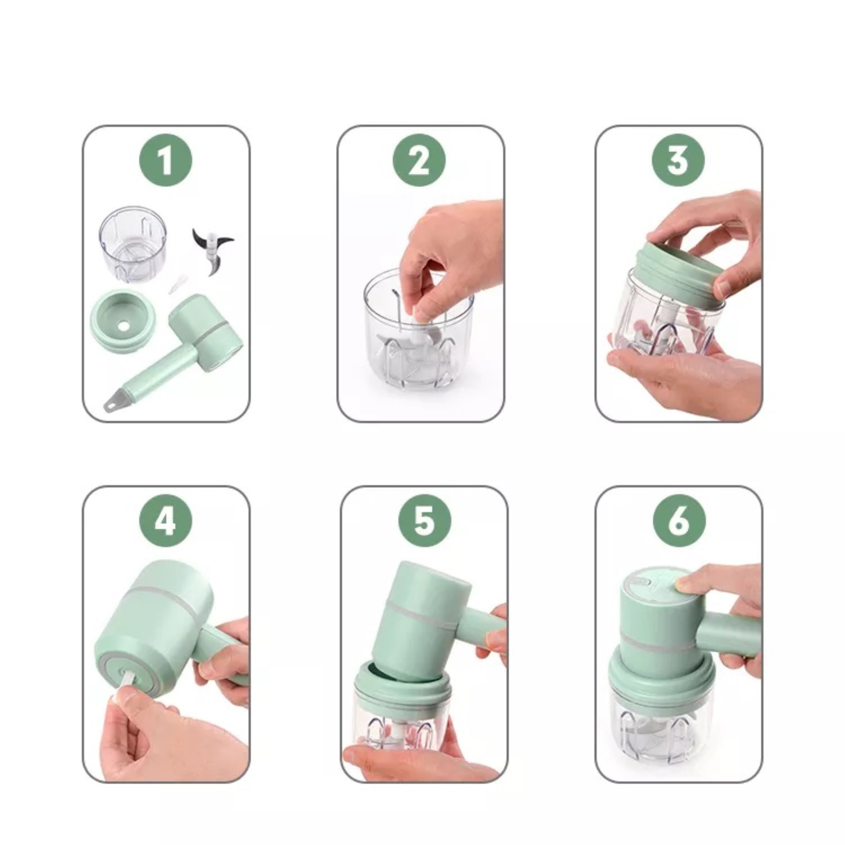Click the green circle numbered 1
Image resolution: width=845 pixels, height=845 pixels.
[x=165, y=160]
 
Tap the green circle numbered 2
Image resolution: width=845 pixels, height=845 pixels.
[x=419, y=160]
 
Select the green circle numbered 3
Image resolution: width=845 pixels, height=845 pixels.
[x=678, y=160]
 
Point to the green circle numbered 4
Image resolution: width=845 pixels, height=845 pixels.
[x=165, y=521]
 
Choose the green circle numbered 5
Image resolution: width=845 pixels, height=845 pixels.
[x=424, y=521]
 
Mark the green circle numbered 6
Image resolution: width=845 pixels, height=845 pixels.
[x=679, y=521]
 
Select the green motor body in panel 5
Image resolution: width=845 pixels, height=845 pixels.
[x=420, y=612]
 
